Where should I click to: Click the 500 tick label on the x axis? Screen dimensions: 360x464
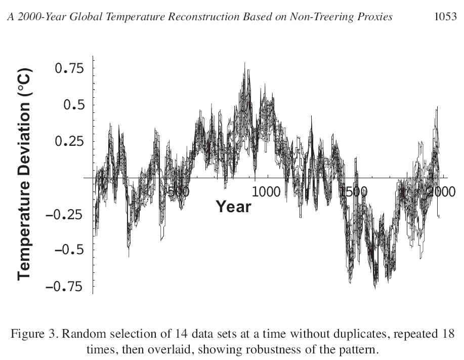pos(178,192)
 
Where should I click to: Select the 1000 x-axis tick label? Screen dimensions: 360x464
pos(266,192)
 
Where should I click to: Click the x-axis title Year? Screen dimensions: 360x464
pos(233,207)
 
